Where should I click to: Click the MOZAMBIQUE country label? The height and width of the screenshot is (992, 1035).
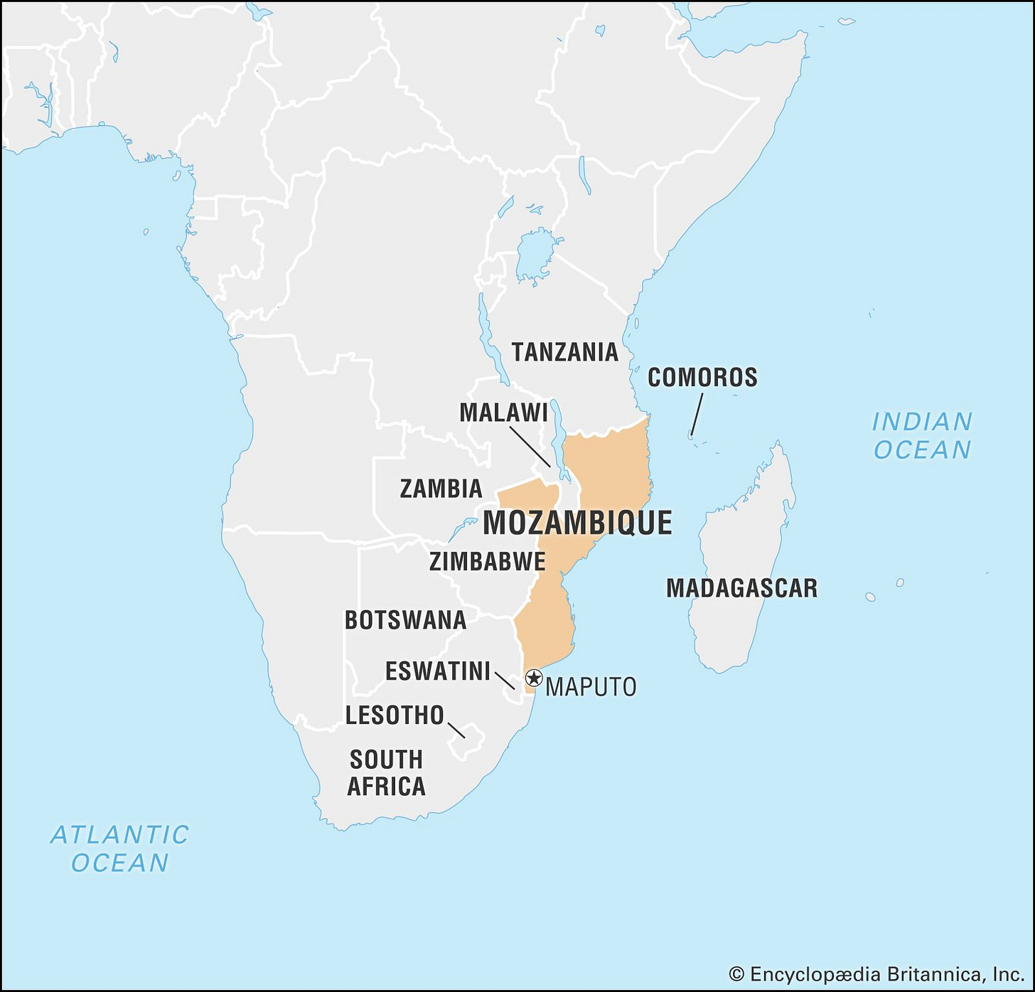(x=577, y=523)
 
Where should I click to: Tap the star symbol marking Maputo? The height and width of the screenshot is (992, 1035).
(x=534, y=678)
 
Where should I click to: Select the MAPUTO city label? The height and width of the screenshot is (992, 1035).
(x=591, y=687)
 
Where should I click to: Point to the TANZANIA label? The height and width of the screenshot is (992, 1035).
(x=565, y=352)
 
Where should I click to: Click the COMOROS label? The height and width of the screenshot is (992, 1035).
(x=702, y=378)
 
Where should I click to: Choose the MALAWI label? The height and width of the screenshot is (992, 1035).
(x=503, y=412)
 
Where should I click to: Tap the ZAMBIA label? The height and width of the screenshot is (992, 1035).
(x=441, y=489)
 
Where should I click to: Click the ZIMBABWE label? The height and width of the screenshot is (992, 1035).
(x=487, y=562)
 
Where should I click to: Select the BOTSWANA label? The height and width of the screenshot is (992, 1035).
(x=405, y=620)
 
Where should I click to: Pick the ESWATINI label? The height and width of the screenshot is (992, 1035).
(x=437, y=671)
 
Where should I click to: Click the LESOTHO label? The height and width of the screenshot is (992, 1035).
(x=395, y=715)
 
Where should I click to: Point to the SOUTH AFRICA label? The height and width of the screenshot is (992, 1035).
(x=386, y=773)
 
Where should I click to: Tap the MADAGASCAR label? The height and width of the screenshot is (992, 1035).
(x=741, y=588)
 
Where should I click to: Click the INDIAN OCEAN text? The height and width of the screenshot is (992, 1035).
(x=922, y=436)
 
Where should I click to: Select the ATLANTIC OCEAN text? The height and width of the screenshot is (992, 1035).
(x=119, y=848)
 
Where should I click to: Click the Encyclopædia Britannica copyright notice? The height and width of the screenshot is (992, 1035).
(x=876, y=974)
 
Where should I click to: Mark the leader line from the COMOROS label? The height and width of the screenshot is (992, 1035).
(x=697, y=414)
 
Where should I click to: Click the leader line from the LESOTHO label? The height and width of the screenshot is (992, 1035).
(x=456, y=730)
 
